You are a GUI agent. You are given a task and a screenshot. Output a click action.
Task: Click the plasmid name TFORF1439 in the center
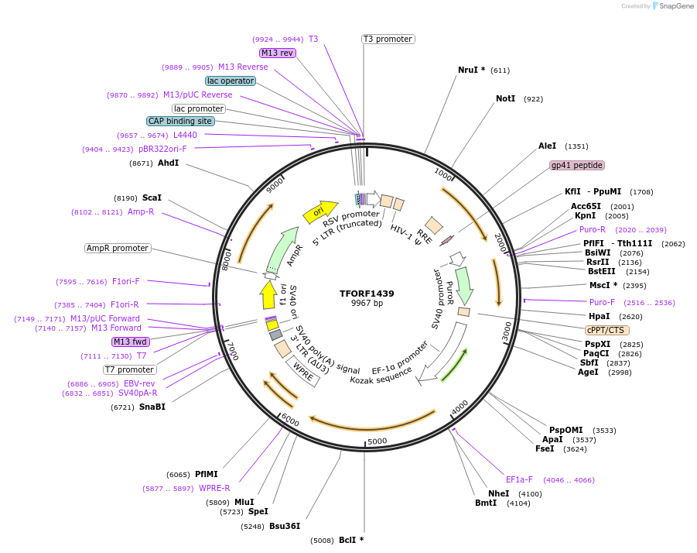(367, 294)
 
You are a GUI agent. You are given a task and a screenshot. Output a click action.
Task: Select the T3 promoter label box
(388, 39)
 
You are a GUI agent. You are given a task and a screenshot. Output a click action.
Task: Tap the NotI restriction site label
(505, 98)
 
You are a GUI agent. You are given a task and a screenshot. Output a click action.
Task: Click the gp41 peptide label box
(576, 165)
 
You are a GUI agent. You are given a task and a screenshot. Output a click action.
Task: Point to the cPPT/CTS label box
(607, 330)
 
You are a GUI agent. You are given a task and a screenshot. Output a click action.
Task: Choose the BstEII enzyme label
(601, 271)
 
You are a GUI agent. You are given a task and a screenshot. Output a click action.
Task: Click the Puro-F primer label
(603, 302)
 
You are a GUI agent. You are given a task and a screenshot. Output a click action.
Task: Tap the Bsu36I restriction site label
(285, 527)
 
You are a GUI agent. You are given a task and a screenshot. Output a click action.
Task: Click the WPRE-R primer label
(214, 488)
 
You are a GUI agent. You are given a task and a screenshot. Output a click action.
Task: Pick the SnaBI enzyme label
(152, 407)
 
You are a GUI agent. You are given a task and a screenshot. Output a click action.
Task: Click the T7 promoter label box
(130, 369)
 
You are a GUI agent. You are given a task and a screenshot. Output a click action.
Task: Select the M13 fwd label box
(130, 342)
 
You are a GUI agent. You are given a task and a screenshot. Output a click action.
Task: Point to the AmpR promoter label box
(118, 249)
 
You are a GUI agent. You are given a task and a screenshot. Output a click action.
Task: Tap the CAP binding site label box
(180, 121)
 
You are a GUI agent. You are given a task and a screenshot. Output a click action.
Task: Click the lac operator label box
(230, 81)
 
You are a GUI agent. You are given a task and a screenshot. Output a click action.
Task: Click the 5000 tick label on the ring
(377, 441)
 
